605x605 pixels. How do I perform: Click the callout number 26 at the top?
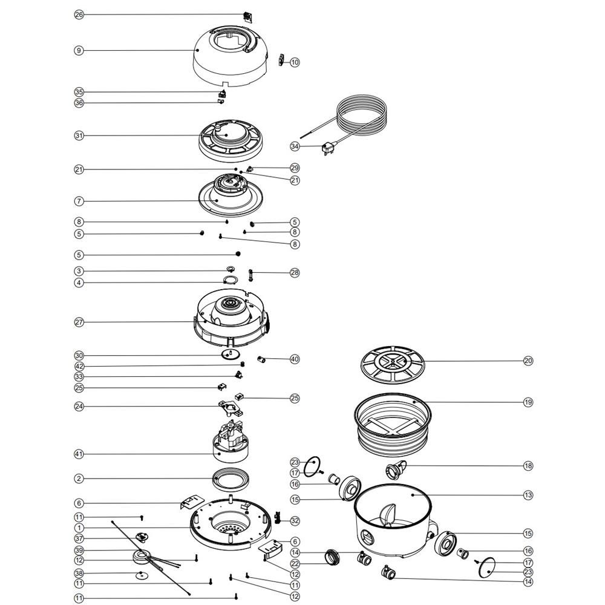pyautogui.click(x=79, y=15)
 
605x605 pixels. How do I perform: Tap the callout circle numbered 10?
pyautogui.click(x=295, y=62)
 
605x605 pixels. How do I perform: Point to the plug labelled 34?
pyautogui.click(x=329, y=148)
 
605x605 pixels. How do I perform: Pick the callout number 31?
pyautogui.click(x=79, y=136)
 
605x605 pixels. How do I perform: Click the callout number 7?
pyautogui.click(x=79, y=201)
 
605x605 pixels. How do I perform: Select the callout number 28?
pyautogui.click(x=295, y=273)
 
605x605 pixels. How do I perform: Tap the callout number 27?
pyautogui.click(x=79, y=322)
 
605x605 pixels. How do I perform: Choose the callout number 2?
pyautogui.click(x=79, y=479)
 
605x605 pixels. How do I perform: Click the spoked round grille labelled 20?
pyautogui.click(x=393, y=364)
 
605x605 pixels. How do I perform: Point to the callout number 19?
pyautogui.click(x=528, y=402)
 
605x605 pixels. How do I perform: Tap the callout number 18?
pyautogui.click(x=528, y=466)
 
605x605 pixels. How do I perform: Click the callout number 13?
pyautogui.click(x=528, y=495)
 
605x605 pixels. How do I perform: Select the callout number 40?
pyautogui.click(x=295, y=359)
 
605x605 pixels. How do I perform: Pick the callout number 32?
pyautogui.click(x=295, y=520)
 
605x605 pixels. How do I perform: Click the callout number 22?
pyautogui.click(x=295, y=564)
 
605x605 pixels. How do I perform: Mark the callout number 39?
pyautogui.click(x=79, y=550)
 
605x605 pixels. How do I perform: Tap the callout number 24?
pyautogui.click(x=79, y=407)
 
